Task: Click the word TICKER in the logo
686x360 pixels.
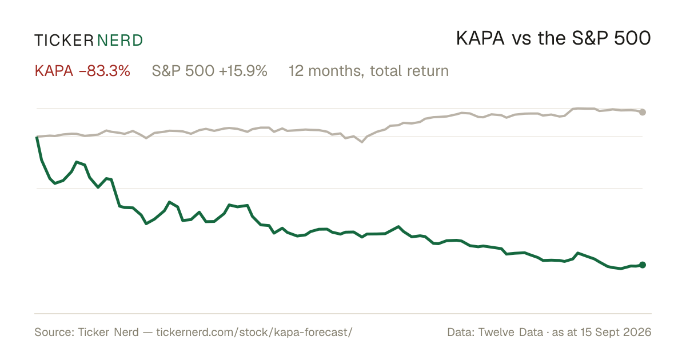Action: (x=64, y=41)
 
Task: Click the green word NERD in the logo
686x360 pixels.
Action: (x=120, y=41)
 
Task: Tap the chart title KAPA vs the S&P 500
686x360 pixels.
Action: (x=553, y=39)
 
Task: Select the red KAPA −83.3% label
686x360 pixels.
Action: (x=82, y=71)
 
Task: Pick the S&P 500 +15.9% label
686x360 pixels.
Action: (x=209, y=71)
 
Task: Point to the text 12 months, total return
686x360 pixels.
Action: (x=369, y=71)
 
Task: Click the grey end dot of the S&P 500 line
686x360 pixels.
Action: (x=643, y=112)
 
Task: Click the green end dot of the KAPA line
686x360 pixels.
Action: (x=643, y=265)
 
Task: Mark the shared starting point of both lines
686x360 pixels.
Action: (x=37, y=137)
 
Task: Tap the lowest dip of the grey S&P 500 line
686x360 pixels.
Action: (x=362, y=142)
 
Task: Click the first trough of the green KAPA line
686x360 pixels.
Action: (x=55, y=183)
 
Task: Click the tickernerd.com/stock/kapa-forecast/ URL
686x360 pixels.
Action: (x=254, y=332)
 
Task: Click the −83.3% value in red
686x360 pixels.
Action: (x=105, y=71)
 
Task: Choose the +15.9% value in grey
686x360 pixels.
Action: (x=243, y=71)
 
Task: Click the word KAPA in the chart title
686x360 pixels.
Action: (x=480, y=39)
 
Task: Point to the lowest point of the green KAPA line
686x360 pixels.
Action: (x=621, y=269)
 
